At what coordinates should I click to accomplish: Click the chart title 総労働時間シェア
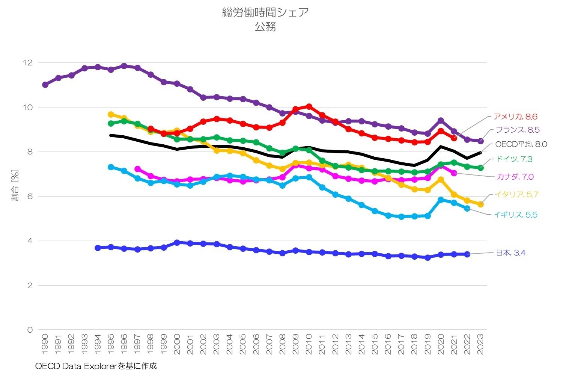[265, 12]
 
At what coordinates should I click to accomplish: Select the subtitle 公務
[265, 27]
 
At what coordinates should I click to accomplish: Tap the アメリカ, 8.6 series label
[515, 117]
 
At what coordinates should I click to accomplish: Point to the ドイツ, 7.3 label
[513, 159]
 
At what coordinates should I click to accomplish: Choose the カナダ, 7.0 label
[515, 177]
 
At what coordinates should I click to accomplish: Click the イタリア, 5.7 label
[516, 194]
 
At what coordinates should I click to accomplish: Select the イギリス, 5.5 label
[515, 215]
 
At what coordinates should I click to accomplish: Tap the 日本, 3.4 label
[510, 253]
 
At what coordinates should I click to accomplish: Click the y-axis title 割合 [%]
[15, 186]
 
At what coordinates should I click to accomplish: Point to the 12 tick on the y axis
[28, 63]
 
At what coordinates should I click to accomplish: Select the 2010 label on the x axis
[309, 344]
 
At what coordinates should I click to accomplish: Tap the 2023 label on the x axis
[480, 344]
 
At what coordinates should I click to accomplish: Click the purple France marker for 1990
[45, 85]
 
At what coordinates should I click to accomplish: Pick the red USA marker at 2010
[309, 107]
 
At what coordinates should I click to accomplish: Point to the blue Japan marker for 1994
[98, 248]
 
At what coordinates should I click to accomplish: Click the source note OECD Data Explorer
[96, 366]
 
